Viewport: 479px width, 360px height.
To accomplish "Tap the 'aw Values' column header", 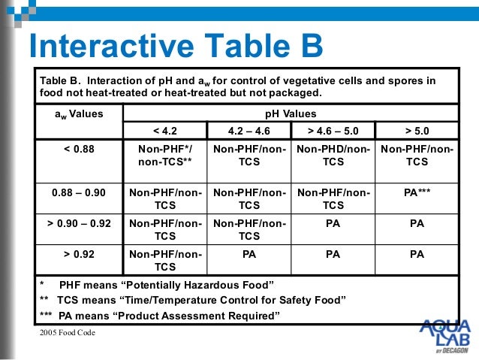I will click(79, 114).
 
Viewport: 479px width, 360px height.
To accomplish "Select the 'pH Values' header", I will click(291, 114).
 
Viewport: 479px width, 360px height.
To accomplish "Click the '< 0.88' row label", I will click(79, 149).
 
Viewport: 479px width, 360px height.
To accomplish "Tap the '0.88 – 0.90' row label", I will click(79, 192).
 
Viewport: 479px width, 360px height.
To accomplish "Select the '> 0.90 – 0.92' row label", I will click(79, 223).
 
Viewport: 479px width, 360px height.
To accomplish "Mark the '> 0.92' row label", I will click(79, 255).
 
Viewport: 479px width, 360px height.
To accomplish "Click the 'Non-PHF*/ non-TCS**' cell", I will click(165, 156).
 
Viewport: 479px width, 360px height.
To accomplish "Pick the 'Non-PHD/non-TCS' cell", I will click(333, 156).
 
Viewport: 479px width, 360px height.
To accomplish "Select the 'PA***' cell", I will click(416, 192).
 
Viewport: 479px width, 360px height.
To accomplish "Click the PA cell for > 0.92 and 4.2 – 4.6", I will click(249, 255).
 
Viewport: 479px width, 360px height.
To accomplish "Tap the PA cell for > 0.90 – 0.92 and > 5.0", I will click(416, 223).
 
